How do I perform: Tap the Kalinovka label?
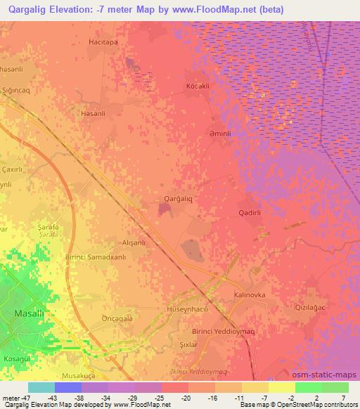tap(250, 295)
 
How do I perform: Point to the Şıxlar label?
tap(188, 344)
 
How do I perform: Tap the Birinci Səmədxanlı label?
tap(96, 257)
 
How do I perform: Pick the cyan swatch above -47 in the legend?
tap(41, 387)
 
